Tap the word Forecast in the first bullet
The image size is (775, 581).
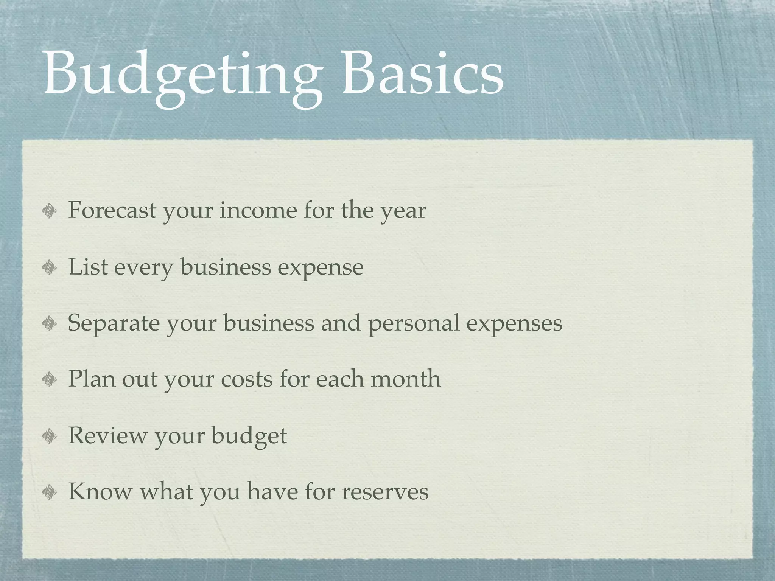click(x=112, y=210)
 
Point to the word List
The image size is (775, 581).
click(x=87, y=267)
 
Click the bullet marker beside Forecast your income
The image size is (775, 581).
click(x=50, y=211)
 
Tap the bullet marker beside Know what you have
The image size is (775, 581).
click(x=50, y=492)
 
